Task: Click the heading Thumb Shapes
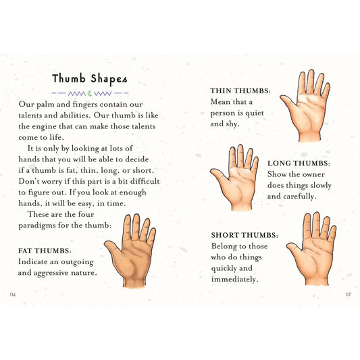pyautogui.click(x=89, y=78)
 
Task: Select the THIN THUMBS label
pyautogui.click(x=241, y=91)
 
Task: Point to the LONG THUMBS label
pyautogui.click(x=299, y=163)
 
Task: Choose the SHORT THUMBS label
pyautogui.click(x=245, y=235)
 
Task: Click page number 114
pyautogui.click(x=13, y=294)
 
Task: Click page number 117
pyautogui.click(x=347, y=294)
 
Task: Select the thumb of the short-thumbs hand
pyautogui.click(x=294, y=250)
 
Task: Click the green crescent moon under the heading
pyautogui.click(x=90, y=93)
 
